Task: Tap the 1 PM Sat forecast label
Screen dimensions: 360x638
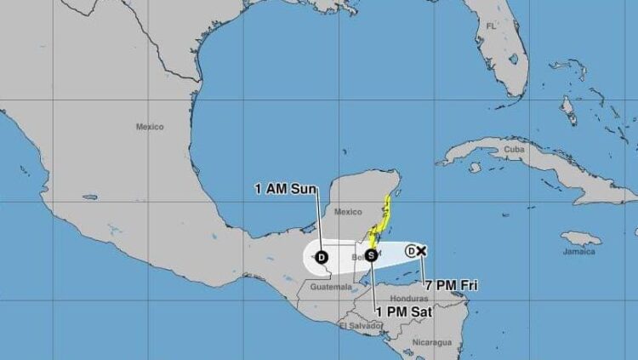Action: click(x=405, y=312)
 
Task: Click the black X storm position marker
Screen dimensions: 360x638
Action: click(x=421, y=250)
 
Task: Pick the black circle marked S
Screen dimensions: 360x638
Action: click(x=372, y=254)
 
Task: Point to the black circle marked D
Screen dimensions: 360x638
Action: click(x=322, y=257)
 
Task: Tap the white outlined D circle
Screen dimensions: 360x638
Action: click(x=411, y=250)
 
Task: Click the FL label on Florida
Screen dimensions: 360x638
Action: click(x=491, y=27)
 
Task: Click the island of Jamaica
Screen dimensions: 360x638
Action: click(x=582, y=238)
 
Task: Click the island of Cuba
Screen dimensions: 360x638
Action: click(x=527, y=166)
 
